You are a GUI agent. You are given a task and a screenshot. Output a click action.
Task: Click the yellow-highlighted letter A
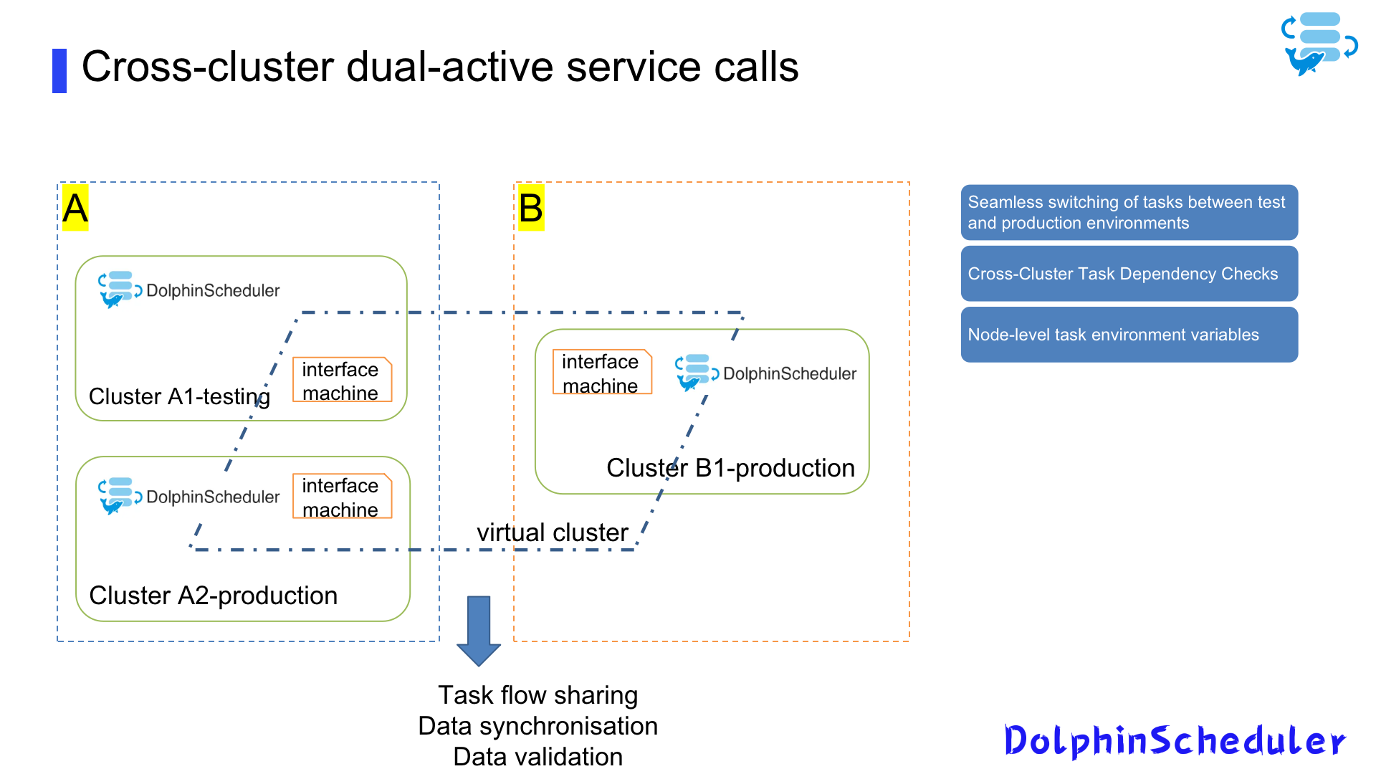click(75, 209)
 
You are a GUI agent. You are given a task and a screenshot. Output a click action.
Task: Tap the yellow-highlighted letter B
click(531, 209)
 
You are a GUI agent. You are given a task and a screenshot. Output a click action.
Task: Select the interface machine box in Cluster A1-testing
click(342, 380)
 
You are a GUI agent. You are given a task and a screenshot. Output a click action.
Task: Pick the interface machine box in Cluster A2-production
click(342, 497)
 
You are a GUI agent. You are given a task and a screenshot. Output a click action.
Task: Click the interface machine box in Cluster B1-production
click(601, 373)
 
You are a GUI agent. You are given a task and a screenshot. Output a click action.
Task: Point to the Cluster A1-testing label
click(179, 396)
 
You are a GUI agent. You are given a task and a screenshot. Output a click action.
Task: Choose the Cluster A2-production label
click(213, 596)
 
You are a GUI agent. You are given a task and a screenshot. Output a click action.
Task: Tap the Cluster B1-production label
click(730, 468)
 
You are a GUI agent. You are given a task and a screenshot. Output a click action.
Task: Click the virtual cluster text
click(552, 532)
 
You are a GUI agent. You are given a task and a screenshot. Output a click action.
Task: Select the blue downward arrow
click(479, 629)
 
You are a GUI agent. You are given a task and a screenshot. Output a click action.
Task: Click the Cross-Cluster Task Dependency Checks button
click(1129, 274)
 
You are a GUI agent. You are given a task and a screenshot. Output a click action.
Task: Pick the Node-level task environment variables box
click(1129, 335)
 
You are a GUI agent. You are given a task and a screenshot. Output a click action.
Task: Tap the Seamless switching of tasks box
click(1129, 213)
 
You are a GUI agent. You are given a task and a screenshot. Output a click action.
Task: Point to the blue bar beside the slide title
click(59, 70)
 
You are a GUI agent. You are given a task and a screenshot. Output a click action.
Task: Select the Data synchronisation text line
click(537, 726)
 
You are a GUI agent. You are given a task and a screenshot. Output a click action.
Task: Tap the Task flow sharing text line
click(537, 695)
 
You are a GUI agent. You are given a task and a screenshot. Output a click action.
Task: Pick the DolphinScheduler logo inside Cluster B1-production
click(765, 373)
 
